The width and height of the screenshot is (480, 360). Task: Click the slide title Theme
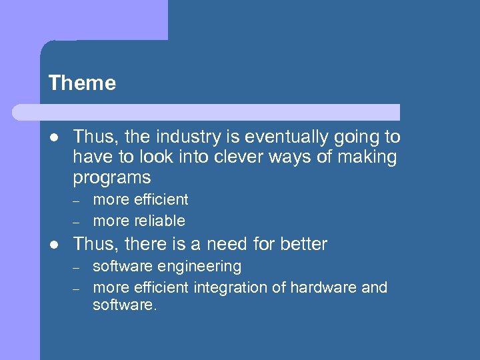(82, 83)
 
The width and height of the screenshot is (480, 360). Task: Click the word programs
(112, 179)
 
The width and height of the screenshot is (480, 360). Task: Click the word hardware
(326, 287)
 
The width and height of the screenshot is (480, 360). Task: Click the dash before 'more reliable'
(77, 221)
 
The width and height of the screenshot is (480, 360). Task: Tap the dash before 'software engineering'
(77, 267)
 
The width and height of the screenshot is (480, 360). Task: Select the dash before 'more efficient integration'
(77, 288)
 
